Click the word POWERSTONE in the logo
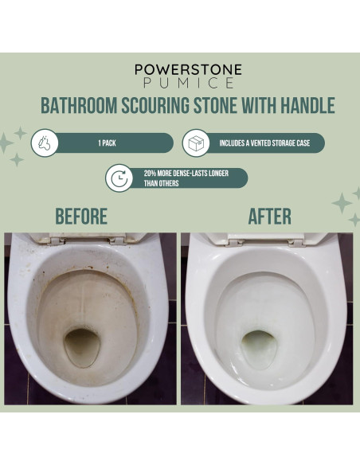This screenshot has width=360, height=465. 188,69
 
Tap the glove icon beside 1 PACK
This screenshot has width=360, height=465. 45,143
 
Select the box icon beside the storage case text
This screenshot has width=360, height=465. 196,143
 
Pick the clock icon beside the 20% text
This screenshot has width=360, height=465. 120,178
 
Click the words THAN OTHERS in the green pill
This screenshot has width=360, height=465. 162,183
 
